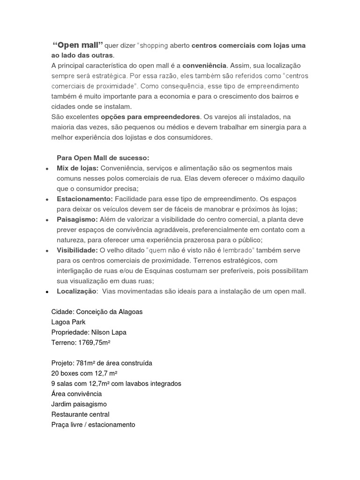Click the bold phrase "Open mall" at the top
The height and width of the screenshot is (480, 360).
(78, 45)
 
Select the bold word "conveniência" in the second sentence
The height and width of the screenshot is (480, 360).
(204, 65)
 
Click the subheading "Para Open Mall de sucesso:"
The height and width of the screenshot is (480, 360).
(103, 157)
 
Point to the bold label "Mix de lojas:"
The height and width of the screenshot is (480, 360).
(77, 168)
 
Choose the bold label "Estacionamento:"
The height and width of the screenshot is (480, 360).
(85, 199)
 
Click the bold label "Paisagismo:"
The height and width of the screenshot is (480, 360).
(77, 219)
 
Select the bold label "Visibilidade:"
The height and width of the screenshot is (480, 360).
(77, 250)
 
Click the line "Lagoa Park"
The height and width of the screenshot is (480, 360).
(68, 322)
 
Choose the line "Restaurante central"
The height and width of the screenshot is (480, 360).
(80, 414)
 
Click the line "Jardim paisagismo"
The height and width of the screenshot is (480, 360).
(79, 404)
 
